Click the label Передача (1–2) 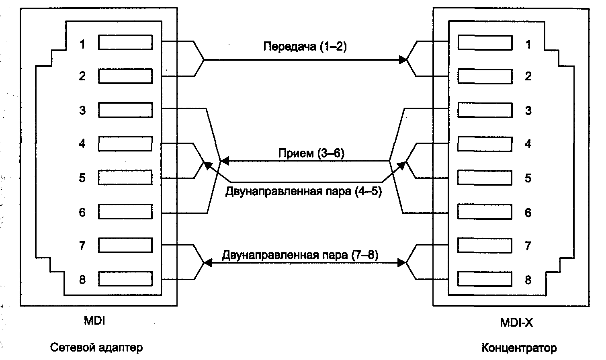click(305, 47)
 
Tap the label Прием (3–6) click(311, 153)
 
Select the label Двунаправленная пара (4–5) click(303, 191)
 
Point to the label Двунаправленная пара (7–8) click(300, 255)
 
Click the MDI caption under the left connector click(94, 321)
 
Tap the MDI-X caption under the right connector click(516, 322)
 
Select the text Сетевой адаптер click(96, 347)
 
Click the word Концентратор click(519, 348)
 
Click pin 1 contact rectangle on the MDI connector click(125, 43)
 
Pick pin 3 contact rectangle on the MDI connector click(125, 110)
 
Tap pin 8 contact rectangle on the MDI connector click(125, 279)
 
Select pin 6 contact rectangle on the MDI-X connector click(485, 212)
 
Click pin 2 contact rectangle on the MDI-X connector click(485, 76)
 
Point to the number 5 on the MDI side click(82, 178)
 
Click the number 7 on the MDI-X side click(528, 245)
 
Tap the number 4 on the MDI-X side click(528, 144)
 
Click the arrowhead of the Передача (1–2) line click(403, 60)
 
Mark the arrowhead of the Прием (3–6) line click(225, 161)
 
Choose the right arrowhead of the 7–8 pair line click(402, 263)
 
